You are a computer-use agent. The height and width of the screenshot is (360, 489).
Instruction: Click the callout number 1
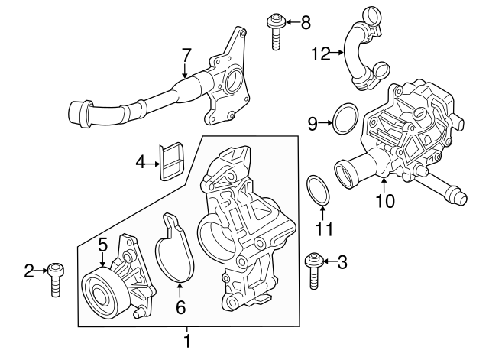pos(186,338)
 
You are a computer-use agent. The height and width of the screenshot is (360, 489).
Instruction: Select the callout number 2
pos(29,270)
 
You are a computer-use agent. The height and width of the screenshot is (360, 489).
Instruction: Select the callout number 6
pos(180,308)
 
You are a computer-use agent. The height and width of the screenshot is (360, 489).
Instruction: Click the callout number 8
pos(306,22)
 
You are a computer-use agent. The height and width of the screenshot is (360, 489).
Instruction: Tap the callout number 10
pos(385,202)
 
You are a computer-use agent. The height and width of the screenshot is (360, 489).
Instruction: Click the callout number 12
pos(322,53)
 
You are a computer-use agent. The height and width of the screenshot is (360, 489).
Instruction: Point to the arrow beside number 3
pos(327,263)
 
